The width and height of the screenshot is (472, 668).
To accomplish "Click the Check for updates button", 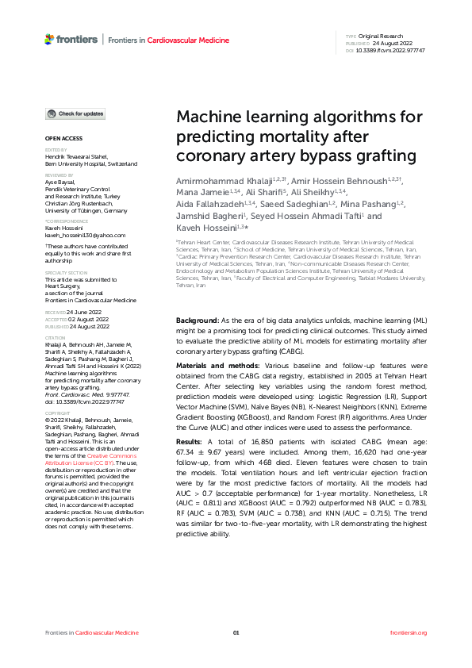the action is pos(76,114).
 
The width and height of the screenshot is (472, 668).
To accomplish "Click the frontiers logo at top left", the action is pos(71,39).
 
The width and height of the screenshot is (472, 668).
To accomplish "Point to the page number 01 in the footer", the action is pos(236,632).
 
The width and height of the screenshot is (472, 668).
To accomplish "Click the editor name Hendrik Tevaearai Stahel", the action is pos(80,157).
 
